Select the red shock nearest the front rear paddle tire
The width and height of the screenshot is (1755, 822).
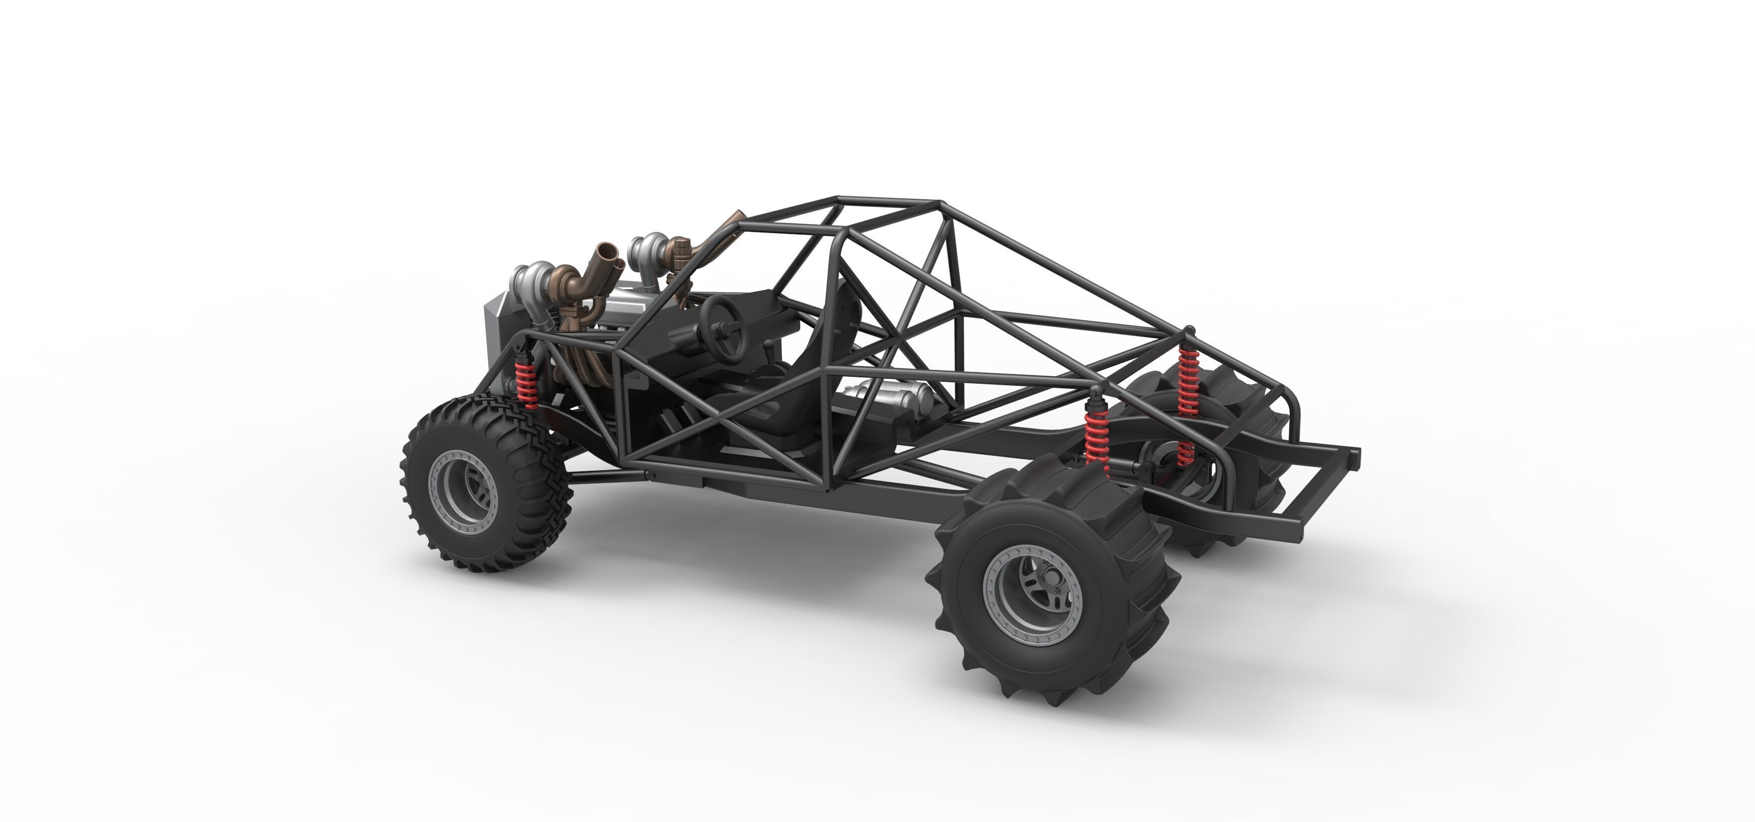click(1096, 436)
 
